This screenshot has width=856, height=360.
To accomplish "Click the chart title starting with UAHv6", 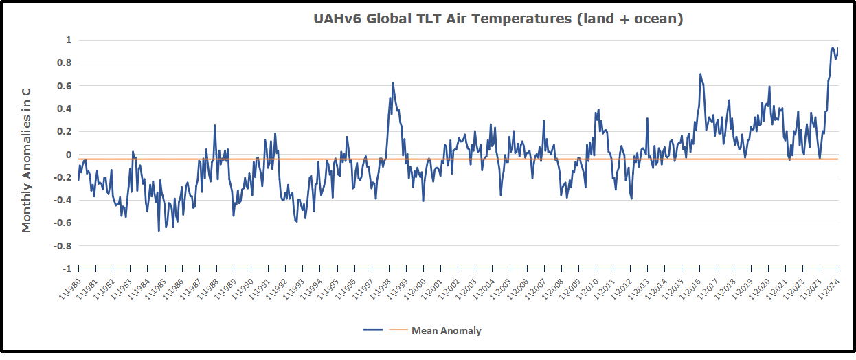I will pos(498,19).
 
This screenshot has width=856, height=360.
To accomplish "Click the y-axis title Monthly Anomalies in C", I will pos(27,159).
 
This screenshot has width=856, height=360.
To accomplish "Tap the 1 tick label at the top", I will pos(68,41).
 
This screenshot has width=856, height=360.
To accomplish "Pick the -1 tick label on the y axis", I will pos(66,268).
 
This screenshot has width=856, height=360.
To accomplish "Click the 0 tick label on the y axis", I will pos(68,155).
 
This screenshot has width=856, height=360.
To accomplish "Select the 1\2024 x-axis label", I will pos(830,289).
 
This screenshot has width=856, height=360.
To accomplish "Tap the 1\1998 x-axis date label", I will pos(381,289).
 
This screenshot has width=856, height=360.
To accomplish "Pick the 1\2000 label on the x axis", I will pos(416,289).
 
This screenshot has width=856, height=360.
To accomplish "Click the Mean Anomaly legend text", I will pos(447,330).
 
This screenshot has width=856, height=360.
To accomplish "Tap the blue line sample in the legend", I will pos(373,330).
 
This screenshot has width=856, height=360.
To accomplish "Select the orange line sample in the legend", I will pos(399,330).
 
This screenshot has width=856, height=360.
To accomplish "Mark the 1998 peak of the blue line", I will pos(393,83).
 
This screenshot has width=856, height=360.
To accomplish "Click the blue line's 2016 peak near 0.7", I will pos(700,74).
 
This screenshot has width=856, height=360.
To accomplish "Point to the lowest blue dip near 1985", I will pos(159,230).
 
